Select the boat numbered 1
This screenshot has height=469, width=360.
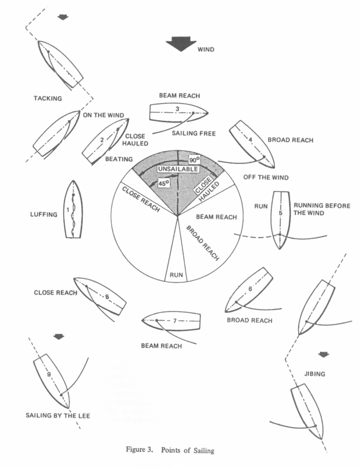pyautogui.click(x=72, y=209)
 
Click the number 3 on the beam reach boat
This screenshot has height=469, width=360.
pyautogui.click(x=177, y=109)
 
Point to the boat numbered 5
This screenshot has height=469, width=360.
pyautogui.click(x=280, y=219)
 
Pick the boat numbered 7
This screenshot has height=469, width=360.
pyautogui.click(x=171, y=321)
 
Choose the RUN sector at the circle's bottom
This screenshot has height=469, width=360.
pyautogui.click(x=176, y=275)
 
